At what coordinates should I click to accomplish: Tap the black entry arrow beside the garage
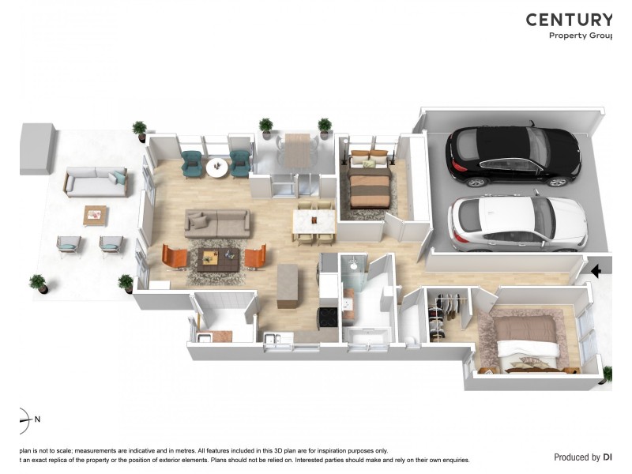coord(596,271)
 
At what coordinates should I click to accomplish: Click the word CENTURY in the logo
coord(569,20)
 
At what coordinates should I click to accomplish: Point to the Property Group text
coord(581,36)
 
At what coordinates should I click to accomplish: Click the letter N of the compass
coord(37,419)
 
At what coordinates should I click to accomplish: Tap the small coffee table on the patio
coord(96,214)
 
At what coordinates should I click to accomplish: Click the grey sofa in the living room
coord(218,223)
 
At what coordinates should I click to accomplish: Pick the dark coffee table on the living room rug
coord(217,258)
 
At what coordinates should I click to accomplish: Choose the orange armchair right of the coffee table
coord(255,256)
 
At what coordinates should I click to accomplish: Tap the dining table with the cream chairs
coord(314,224)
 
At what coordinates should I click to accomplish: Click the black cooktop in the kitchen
coord(328,318)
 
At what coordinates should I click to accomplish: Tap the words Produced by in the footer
coord(577,457)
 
